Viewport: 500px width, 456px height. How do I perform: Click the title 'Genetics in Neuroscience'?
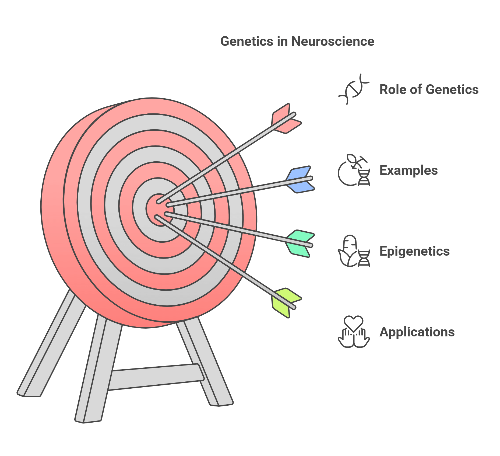coord(297,41)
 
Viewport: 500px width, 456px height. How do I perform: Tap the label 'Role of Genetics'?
coord(429,89)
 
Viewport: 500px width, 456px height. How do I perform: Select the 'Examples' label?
coord(408,170)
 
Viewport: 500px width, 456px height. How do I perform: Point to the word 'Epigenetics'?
coord(414,251)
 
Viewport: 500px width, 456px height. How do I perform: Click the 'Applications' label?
coord(417,332)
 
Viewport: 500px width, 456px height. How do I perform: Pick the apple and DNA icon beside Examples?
coord(354,170)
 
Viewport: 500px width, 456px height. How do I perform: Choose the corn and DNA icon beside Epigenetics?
coord(354,251)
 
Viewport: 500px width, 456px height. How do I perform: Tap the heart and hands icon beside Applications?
coord(354,332)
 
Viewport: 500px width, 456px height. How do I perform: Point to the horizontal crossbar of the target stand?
coord(156,377)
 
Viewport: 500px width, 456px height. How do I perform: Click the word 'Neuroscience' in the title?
coord(333,41)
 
